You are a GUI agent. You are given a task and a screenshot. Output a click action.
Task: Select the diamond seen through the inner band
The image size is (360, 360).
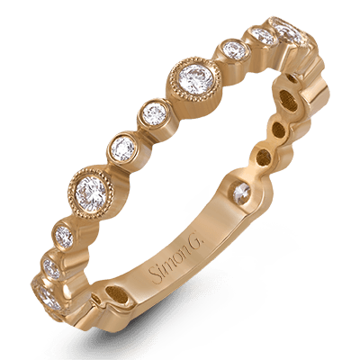(242, 193)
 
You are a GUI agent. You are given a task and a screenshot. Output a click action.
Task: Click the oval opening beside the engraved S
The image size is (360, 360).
(117, 294)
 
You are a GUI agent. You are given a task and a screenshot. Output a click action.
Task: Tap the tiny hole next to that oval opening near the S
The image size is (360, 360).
(96, 299)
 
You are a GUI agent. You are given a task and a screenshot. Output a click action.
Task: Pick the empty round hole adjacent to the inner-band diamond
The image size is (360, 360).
(264, 157)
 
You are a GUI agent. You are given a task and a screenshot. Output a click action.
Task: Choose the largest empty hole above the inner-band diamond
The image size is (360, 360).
(289, 101)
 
